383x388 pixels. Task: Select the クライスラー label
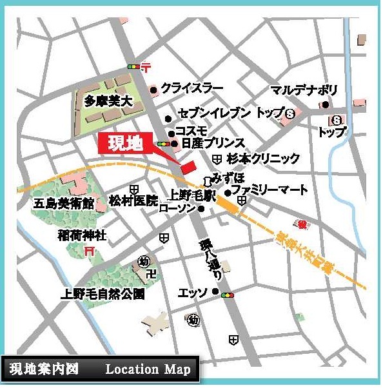click(x=192, y=88)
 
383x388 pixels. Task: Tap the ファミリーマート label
click(x=270, y=191)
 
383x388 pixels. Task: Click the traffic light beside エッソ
click(x=226, y=295)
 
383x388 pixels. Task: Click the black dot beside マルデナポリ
click(x=326, y=104)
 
